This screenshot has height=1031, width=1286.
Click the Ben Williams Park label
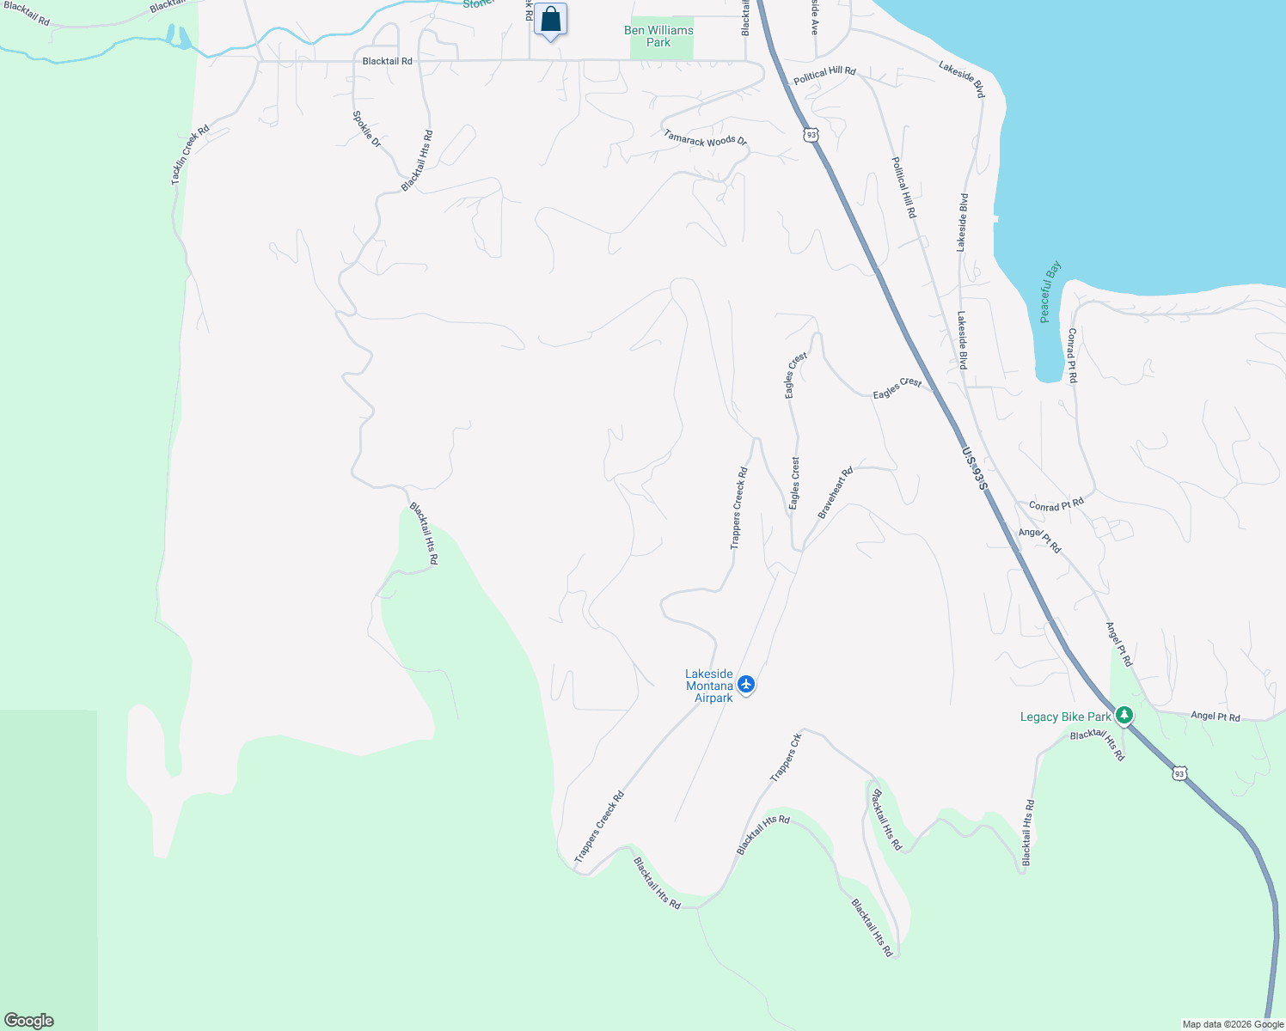click(658, 36)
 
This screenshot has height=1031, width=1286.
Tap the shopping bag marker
click(550, 20)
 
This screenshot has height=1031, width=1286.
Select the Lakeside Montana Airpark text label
click(709, 686)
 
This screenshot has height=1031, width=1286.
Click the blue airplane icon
click(745, 684)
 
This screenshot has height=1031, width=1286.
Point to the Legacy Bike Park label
click(1065, 717)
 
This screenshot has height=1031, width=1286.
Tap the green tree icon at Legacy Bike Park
click(1124, 716)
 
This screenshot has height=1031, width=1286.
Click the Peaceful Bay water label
click(1050, 292)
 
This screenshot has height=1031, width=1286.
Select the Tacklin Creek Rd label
click(190, 156)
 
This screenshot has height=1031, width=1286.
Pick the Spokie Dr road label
click(367, 129)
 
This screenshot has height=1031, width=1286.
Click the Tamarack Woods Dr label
click(706, 137)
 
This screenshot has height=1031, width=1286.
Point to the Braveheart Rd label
click(835, 492)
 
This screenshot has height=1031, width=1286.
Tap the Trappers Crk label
click(786, 757)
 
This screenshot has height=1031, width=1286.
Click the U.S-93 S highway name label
click(975, 468)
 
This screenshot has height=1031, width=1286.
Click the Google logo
click(29, 1021)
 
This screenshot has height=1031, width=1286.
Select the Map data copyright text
click(1233, 1024)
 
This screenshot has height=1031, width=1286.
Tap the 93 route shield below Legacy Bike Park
click(1179, 774)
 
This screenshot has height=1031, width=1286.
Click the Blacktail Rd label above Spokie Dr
click(387, 61)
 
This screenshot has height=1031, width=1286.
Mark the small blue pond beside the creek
click(185, 38)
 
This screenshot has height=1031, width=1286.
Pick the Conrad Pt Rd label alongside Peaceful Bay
click(1072, 355)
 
